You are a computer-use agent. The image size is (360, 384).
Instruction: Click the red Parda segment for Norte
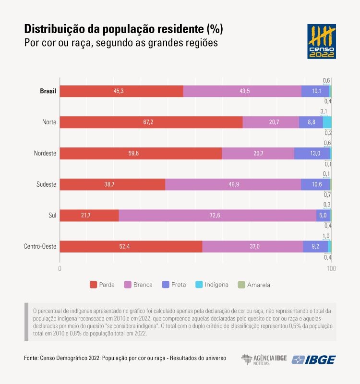pyautogui.click(x=151, y=122)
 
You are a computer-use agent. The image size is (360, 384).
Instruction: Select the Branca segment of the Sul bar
pyautogui.click(x=217, y=216)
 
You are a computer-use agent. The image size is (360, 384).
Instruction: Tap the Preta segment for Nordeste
pyautogui.click(x=312, y=153)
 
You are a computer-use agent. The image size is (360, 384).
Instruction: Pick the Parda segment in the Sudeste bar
pyautogui.click(x=112, y=184)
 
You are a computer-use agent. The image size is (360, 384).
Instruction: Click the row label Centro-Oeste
pyautogui.click(x=40, y=247)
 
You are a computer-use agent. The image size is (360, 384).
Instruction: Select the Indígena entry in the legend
pyautogui.click(x=211, y=285)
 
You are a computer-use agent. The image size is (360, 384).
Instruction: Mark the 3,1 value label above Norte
pyautogui.click(x=324, y=111)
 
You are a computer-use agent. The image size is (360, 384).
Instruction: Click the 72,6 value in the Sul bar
pyautogui.click(x=215, y=216)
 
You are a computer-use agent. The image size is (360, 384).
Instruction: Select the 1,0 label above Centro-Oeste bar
pyautogui.click(x=326, y=236)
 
